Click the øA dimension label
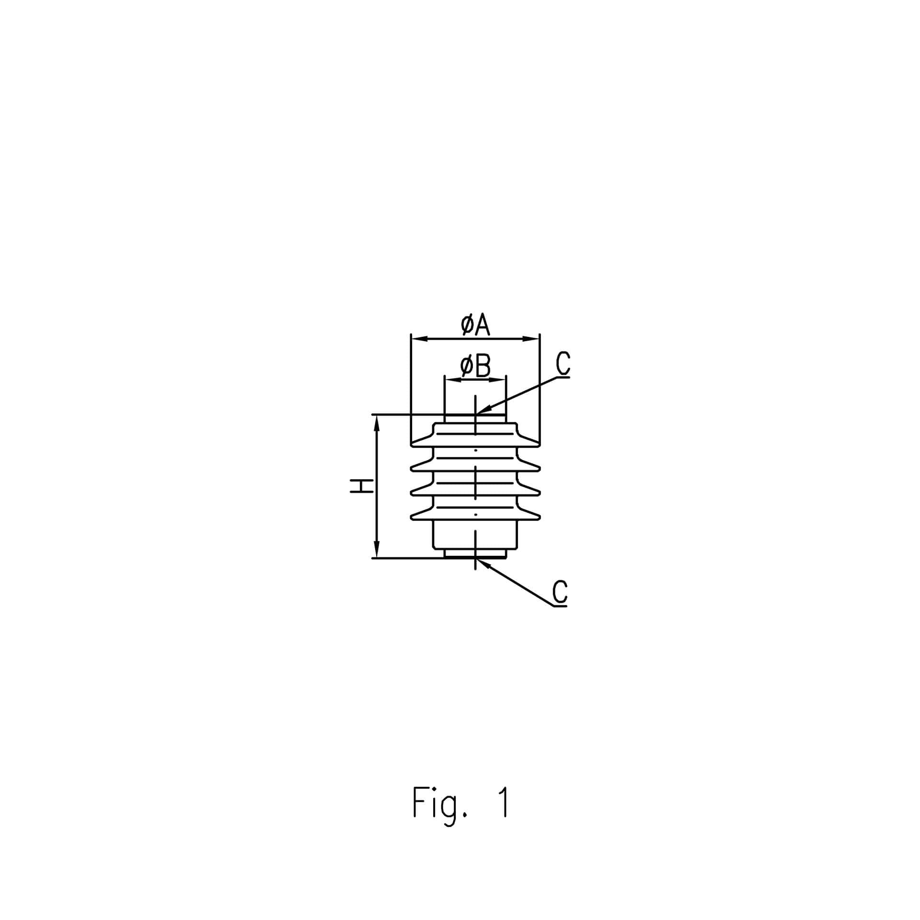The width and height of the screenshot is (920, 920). [x=475, y=325]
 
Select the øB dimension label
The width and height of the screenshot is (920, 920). [x=475, y=366]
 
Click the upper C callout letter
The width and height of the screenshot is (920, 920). [x=563, y=363]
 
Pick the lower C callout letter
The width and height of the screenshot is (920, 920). [x=560, y=592]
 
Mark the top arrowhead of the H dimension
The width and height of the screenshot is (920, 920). [x=377, y=423]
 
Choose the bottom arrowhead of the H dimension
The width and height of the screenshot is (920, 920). [x=377, y=550]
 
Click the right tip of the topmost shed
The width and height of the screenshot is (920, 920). [x=540, y=444]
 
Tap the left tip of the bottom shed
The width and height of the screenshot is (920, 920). [x=412, y=517]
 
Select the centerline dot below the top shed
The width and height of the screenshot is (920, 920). [x=475, y=450]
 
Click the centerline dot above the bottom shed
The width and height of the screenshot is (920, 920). [x=475, y=514]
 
